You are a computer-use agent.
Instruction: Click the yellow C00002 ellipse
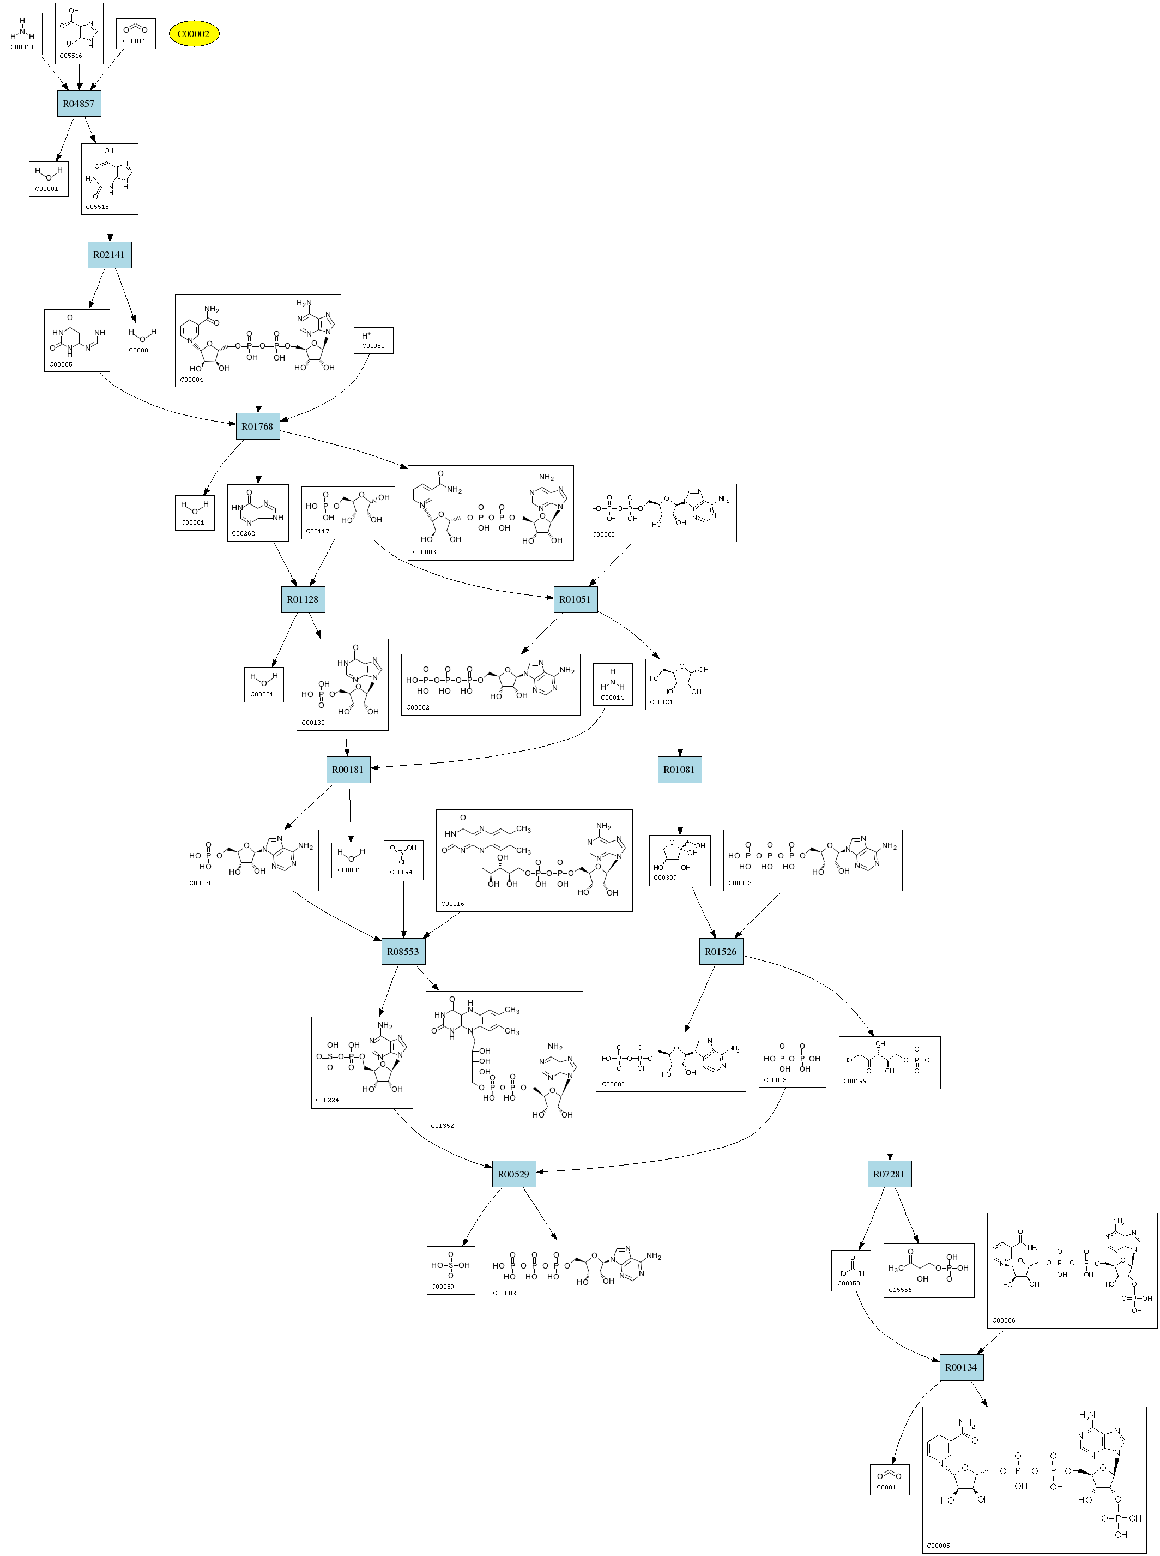(194, 34)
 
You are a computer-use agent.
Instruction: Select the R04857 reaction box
(78, 103)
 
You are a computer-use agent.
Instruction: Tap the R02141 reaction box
(110, 254)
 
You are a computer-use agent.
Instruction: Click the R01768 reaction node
(258, 426)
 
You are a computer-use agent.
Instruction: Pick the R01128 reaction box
(303, 599)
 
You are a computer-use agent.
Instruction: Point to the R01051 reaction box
(575, 599)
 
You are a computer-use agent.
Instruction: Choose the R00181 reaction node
(348, 769)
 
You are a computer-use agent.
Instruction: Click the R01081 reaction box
(679, 769)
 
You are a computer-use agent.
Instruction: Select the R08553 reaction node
(403, 951)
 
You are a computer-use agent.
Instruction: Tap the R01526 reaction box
(721, 951)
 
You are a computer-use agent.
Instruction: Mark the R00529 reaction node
(514, 1174)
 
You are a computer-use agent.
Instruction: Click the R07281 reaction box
(889, 1174)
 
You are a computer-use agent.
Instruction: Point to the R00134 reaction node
(961, 1367)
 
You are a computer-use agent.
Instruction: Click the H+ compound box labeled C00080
(373, 341)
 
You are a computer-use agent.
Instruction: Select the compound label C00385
(61, 364)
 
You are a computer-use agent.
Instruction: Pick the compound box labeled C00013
(792, 1063)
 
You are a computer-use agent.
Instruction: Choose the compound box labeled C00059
(451, 1270)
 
